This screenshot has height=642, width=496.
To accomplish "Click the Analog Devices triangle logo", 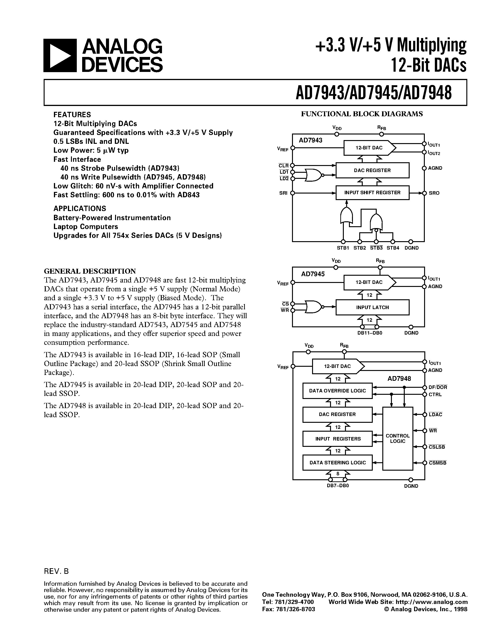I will coord(60,55).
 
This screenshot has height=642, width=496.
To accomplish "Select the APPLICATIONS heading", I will coord(80,208).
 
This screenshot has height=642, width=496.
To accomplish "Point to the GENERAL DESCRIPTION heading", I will coord(90,271).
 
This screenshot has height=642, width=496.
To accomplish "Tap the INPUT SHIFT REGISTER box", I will coord(372,193).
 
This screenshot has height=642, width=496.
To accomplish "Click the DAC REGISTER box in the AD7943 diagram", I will coord(372,170).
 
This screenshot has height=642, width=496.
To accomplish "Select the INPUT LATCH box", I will coord(372,307).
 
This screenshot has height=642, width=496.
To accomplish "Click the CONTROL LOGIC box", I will coord(398,438).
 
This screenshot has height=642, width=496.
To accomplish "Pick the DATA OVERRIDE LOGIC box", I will coord(337,391).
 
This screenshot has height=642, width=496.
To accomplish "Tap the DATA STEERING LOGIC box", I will coord(337,462).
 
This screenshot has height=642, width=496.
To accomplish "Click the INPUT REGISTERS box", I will coord(337,439).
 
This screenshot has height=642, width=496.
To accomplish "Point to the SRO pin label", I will coord(434,193).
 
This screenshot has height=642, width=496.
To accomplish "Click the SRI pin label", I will coord(283,193).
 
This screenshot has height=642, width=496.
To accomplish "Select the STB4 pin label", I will coord(393,248).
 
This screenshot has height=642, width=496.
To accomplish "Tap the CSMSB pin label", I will coord(437,463).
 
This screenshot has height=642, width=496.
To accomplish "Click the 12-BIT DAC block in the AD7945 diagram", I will coord(369,282).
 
